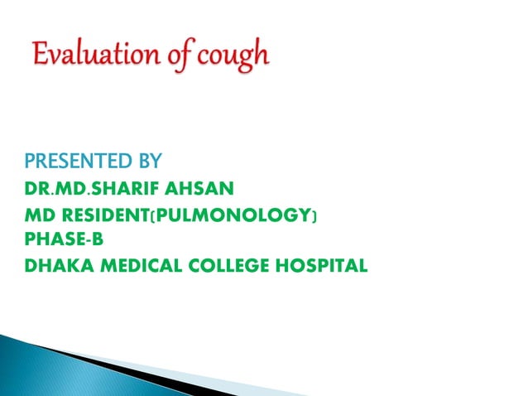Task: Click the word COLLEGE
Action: pos(214,265)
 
